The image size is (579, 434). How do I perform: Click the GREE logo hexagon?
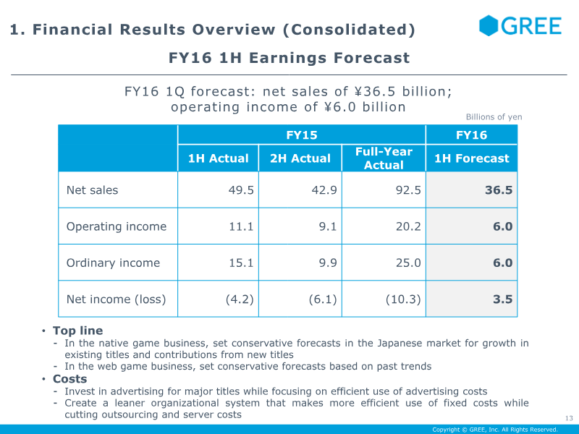click(489, 25)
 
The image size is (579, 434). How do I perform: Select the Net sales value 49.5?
click(241, 190)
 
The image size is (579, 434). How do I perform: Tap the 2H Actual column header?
click(300, 158)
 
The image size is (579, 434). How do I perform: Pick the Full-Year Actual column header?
click(384, 158)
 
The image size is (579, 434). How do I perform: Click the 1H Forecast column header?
click(472, 158)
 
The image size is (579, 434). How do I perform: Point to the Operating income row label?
click(117, 226)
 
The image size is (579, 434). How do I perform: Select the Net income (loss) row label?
click(116, 299)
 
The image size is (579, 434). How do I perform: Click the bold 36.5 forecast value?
click(499, 190)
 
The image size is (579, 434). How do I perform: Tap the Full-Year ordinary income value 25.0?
click(408, 263)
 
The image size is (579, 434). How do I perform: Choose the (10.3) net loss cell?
click(403, 299)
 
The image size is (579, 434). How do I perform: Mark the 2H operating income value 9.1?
click(328, 226)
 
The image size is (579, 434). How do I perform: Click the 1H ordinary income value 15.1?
click(241, 263)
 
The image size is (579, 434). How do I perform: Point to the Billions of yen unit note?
click(494, 117)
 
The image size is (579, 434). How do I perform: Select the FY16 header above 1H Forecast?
click(472, 135)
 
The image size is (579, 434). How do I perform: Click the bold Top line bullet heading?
click(77, 331)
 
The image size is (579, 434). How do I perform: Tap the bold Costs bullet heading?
click(69, 378)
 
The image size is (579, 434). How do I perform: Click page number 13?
click(569, 418)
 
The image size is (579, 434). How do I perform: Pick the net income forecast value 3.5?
click(502, 299)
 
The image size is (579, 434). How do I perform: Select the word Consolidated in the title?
click(350, 30)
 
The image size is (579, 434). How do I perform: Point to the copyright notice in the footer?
click(495, 430)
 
